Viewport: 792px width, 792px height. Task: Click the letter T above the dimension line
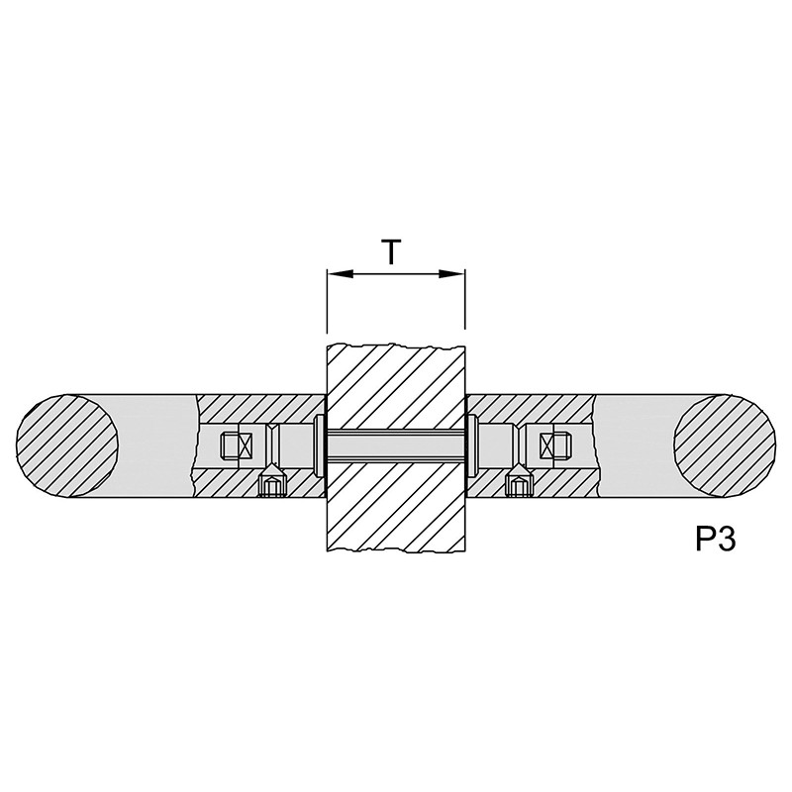click(391, 252)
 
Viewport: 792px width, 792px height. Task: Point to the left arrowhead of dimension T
click(341, 274)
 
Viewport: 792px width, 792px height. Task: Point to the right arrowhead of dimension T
click(451, 274)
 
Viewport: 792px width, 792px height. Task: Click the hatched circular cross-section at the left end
click(67, 445)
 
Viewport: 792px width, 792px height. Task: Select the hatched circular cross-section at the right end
click(725, 445)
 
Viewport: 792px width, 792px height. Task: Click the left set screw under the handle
click(272, 481)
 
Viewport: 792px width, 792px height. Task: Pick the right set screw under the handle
click(520, 481)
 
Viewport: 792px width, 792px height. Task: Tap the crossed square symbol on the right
click(547, 445)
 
